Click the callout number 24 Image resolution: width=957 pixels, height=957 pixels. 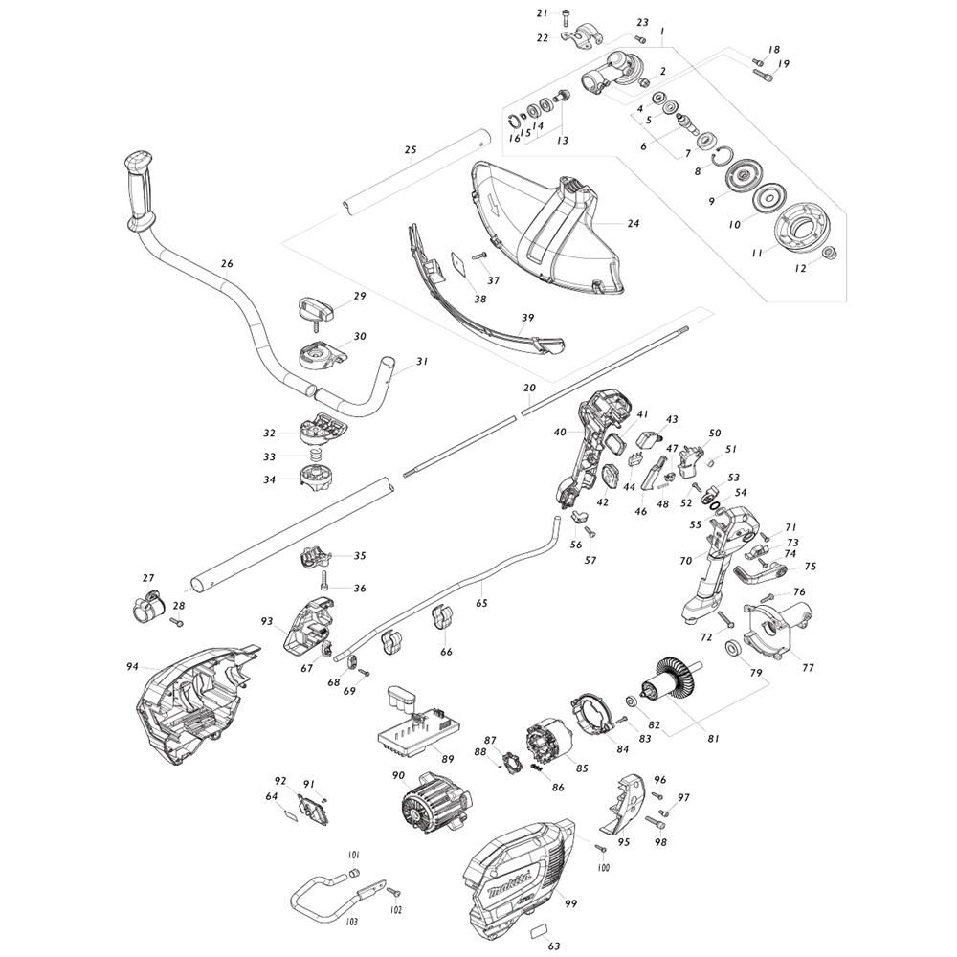(633, 223)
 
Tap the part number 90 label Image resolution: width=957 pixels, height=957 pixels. (398, 776)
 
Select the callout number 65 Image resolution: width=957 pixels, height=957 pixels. (481, 603)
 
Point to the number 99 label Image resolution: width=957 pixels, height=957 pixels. (571, 903)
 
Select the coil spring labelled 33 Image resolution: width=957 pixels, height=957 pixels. (313, 456)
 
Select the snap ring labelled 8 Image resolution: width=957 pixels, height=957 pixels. (725, 156)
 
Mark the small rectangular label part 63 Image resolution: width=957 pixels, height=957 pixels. (539, 931)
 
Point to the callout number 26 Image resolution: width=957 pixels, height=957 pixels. (227, 264)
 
